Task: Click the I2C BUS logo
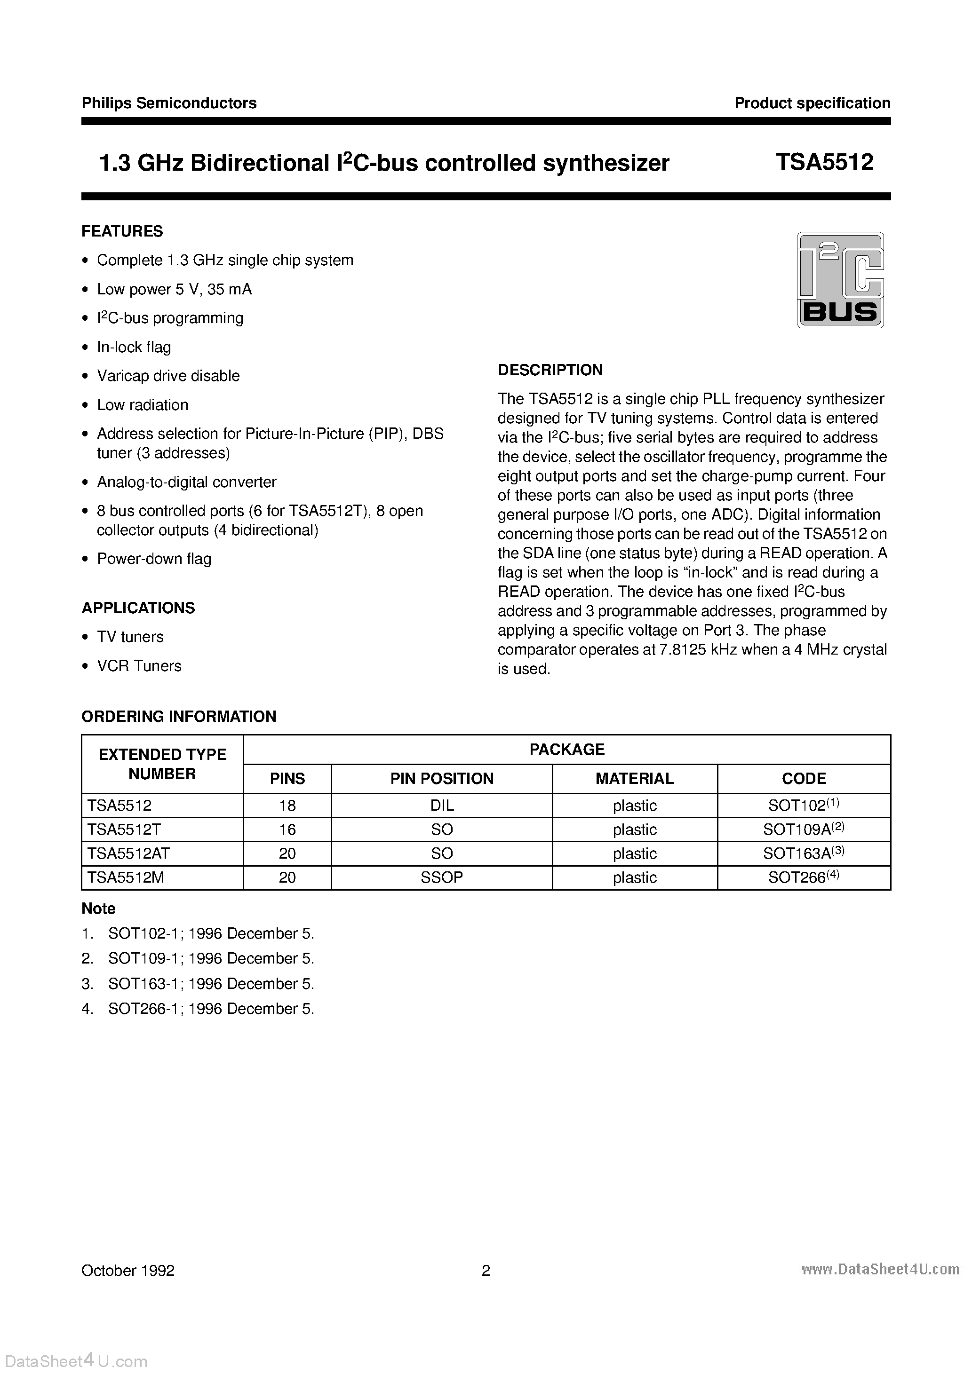pyautogui.click(x=840, y=280)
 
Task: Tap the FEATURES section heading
pyautogui.click(x=122, y=231)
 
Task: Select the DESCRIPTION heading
pyautogui.click(x=550, y=370)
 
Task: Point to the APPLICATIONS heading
pyautogui.click(x=138, y=608)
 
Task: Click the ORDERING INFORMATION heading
pyautogui.click(x=179, y=716)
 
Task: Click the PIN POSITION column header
pyautogui.click(x=442, y=779)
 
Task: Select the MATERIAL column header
pyautogui.click(x=634, y=779)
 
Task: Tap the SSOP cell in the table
pyautogui.click(x=442, y=877)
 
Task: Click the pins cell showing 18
pyautogui.click(x=287, y=806)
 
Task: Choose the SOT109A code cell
pyautogui.click(x=804, y=829)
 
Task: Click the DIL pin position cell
pyautogui.click(x=442, y=806)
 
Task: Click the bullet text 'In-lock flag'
pyautogui.click(x=134, y=348)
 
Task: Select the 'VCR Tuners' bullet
pyautogui.click(x=139, y=666)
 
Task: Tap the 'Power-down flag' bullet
pyautogui.click(x=154, y=559)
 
